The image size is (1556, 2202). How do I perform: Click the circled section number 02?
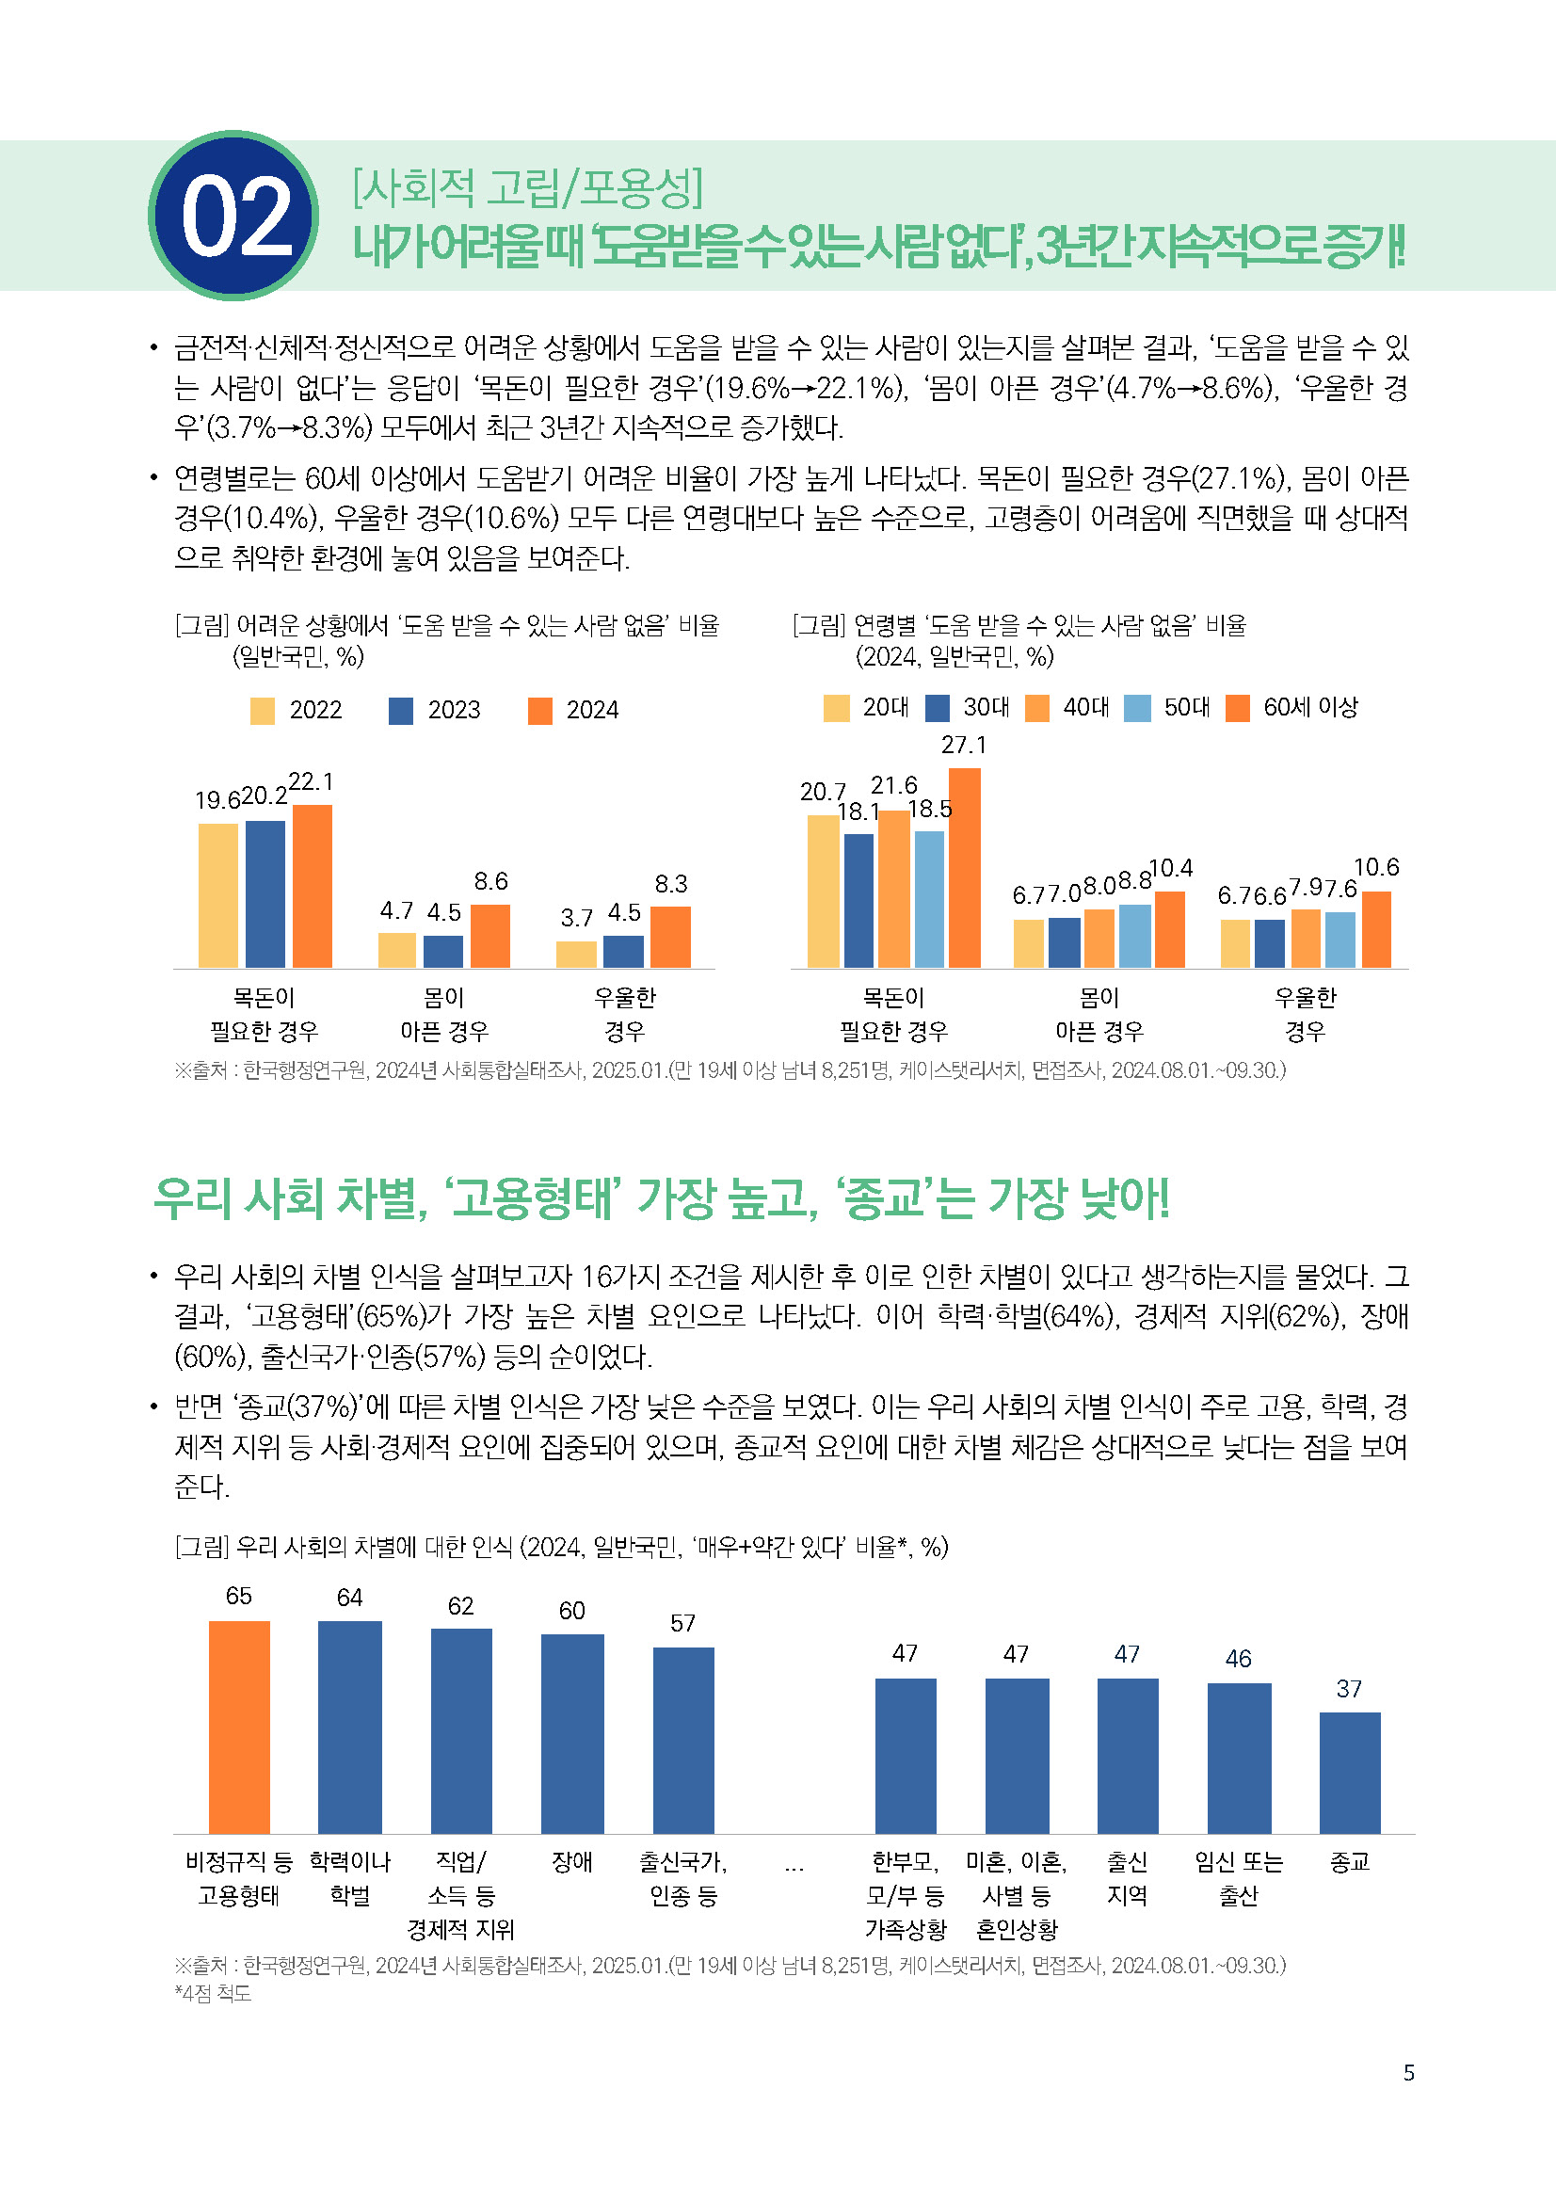[x=234, y=216]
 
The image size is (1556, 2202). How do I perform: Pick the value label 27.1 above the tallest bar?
[x=964, y=746]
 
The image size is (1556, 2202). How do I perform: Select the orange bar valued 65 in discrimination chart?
[x=239, y=1727]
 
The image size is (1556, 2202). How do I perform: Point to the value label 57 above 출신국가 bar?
[x=682, y=1623]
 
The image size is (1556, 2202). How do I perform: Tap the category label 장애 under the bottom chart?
[x=572, y=1861]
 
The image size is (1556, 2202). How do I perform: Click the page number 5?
[x=1408, y=2072]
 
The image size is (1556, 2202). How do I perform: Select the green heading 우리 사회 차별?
[x=661, y=1197]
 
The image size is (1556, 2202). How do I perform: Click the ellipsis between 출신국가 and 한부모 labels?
[x=794, y=1865]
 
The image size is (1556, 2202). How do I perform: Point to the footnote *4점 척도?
[x=213, y=1993]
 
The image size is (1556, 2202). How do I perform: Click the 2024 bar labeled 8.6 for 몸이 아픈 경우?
[x=489, y=935]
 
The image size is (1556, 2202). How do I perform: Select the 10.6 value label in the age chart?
[x=1376, y=867]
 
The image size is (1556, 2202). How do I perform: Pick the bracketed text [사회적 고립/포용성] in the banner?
[x=527, y=187]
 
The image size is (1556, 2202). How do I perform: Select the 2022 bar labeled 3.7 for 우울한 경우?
[x=576, y=954]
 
